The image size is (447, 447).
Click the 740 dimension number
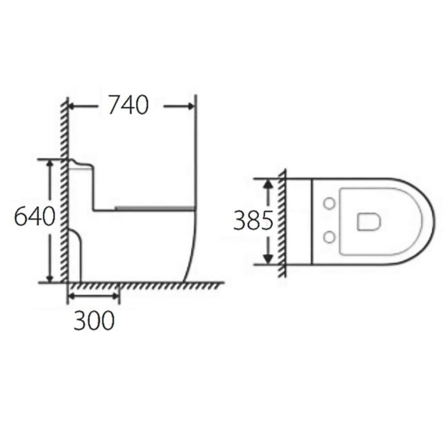pos(128,105)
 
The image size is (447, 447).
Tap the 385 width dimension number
pos(253,221)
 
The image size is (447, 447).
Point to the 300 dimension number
pos(94,321)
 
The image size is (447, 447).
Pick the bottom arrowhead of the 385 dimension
pos(269,258)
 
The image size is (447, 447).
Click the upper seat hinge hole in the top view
pos(330,204)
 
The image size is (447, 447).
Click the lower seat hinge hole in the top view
pos(330,238)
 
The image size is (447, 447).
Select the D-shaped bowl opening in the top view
pos(368,221)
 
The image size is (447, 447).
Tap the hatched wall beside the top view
pos(282,223)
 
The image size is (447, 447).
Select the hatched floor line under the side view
pos(147,285)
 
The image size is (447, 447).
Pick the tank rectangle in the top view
pos(298,221)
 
